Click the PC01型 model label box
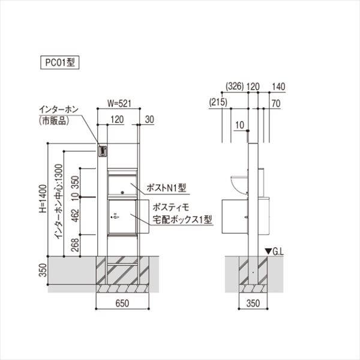tap(60, 62)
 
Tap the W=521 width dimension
tap(119, 103)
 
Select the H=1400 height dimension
tap(43, 199)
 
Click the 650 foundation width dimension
tap(122, 303)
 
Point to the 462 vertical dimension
tap(76, 215)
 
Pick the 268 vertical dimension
tap(76, 245)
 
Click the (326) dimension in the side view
tap(235, 86)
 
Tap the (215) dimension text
tap(218, 102)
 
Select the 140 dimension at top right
tap(278, 86)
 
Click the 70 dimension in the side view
tap(276, 103)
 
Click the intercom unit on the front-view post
tap(103, 151)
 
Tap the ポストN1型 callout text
tap(166, 188)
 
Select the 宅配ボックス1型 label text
tap(182, 220)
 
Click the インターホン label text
tap(59, 109)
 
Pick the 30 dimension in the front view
tap(149, 119)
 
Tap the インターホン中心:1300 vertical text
tap(58, 202)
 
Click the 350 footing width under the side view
tap(253, 303)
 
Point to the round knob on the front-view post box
tap(122, 193)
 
